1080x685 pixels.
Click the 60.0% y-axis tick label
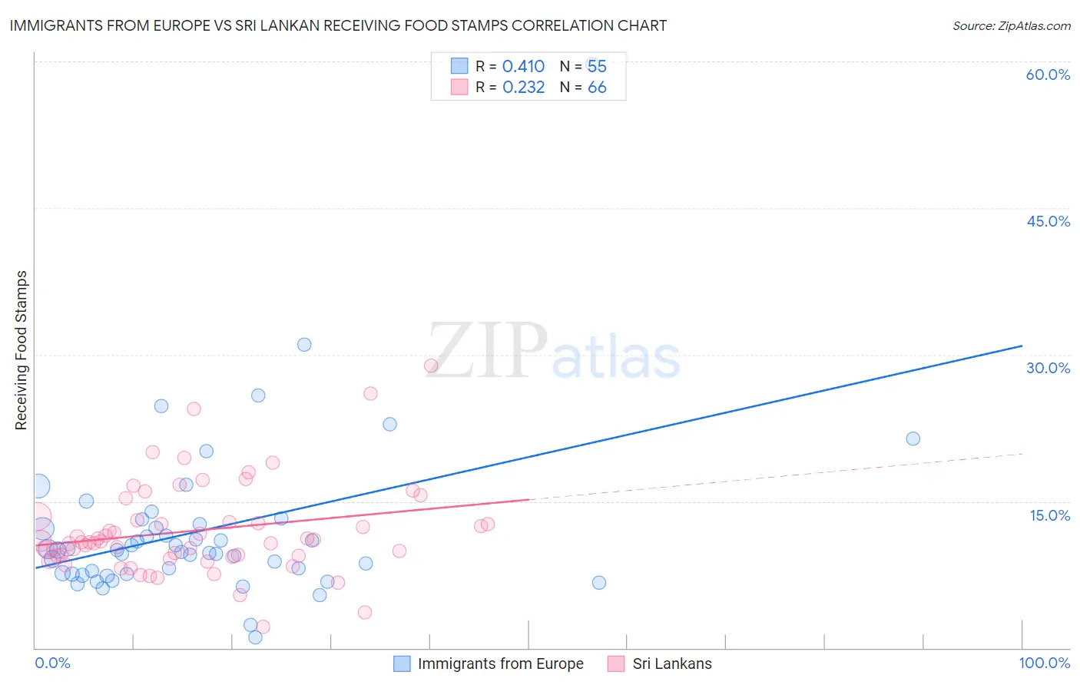(x=1048, y=74)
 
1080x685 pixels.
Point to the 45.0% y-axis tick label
(x=1048, y=221)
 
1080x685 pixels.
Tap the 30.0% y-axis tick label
(x=1048, y=368)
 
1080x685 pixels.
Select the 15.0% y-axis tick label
(x=1049, y=515)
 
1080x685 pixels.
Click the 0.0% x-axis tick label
(x=52, y=663)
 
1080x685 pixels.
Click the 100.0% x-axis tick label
(x=1044, y=663)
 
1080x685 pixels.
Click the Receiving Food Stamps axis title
(x=22, y=350)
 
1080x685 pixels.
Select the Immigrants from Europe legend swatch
(x=402, y=663)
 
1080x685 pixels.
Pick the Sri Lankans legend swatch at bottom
(x=616, y=663)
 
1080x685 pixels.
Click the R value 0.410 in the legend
(x=523, y=66)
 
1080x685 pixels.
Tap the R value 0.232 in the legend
(x=523, y=88)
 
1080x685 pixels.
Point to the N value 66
(x=597, y=88)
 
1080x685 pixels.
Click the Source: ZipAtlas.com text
(x=1011, y=25)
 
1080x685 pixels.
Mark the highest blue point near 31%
(x=304, y=345)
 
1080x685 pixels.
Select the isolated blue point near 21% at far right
(x=913, y=438)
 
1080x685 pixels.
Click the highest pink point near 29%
(x=431, y=366)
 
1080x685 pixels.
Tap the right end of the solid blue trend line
(x=1022, y=346)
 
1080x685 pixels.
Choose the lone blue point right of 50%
(x=599, y=583)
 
